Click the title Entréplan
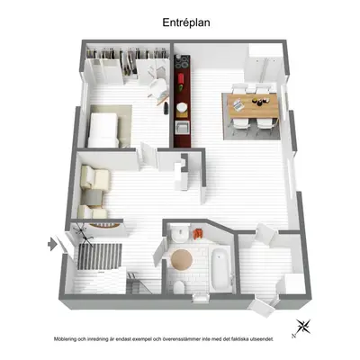coord(186,22)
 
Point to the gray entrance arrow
coord(52,244)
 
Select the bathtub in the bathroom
coord(220,270)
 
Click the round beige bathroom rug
coord(182,260)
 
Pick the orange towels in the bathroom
coord(198,234)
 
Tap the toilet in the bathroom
coord(179,287)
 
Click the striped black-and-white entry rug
coord(100,256)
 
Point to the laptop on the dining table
coord(238,105)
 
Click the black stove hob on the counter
coord(181,62)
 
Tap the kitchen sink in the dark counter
coord(182,128)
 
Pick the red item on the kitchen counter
coord(181,80)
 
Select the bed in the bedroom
coord(103,130)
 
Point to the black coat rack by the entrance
coord(84,234)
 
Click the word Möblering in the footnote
coord(65,339)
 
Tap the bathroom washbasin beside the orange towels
coord(179,233)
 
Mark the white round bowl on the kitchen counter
coord(182,107)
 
